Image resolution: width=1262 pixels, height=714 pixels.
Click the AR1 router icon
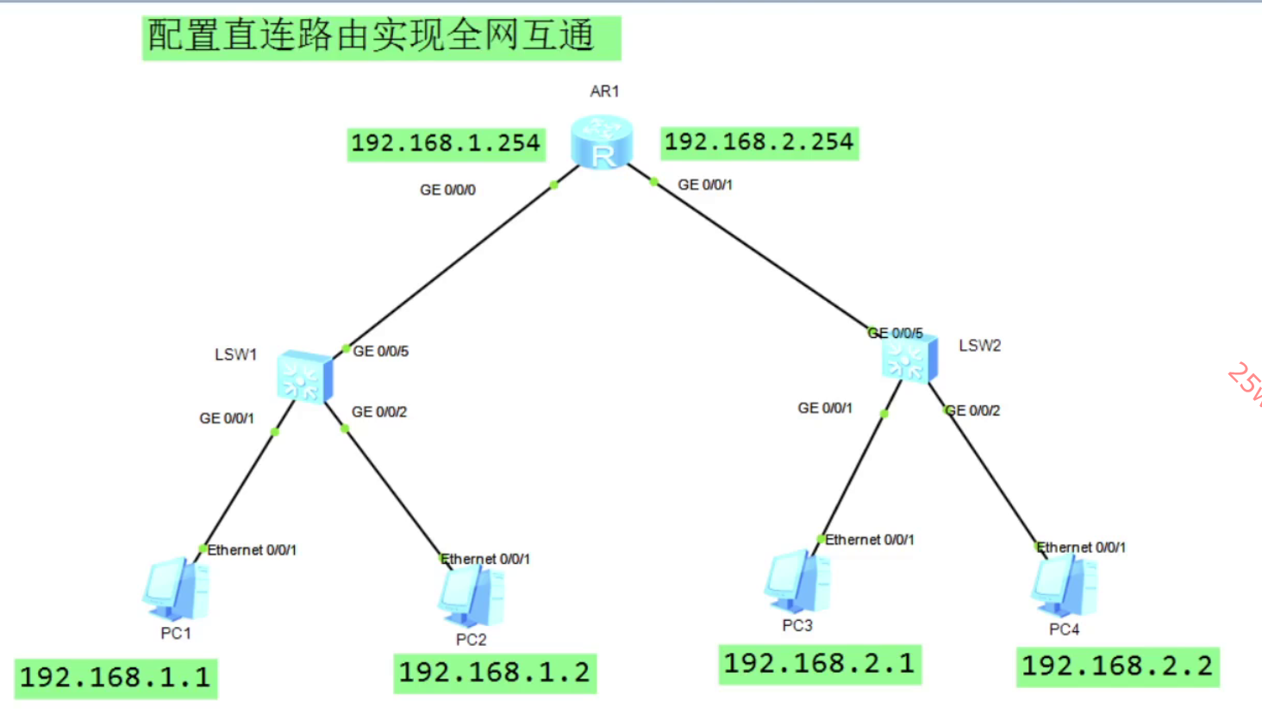[602, 143]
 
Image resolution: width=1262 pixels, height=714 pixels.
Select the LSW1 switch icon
[304, 377]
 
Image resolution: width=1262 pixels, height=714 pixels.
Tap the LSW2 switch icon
[909, 359]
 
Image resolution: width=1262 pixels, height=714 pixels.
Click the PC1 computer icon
[176, 589]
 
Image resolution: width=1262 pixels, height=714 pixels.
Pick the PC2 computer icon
[472, 596]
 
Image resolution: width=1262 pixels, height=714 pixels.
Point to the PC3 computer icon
[797, 582]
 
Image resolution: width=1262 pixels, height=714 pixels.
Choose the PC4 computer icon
[1065, 586]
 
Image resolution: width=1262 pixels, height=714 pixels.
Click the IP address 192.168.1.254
[446, 143]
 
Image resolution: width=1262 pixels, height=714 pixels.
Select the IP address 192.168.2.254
[759, 141]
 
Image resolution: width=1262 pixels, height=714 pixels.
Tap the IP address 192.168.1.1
[116, 678]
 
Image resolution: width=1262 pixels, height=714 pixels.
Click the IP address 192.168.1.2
[495, 673]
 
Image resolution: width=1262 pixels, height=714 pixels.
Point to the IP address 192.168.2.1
[820, 664]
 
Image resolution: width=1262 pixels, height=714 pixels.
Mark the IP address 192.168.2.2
[1117, 667]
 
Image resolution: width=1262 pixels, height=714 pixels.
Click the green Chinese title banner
[381, 37]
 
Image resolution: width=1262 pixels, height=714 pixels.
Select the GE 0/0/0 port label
[447, 190]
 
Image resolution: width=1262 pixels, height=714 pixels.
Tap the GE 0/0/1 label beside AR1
[705, 185]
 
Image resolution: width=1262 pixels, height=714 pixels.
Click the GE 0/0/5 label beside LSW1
[381, 351]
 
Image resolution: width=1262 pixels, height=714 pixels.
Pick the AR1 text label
[604, 91]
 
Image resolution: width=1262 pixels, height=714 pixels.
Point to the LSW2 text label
[980, 346]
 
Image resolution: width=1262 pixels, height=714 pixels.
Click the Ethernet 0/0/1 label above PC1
[252, 550]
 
